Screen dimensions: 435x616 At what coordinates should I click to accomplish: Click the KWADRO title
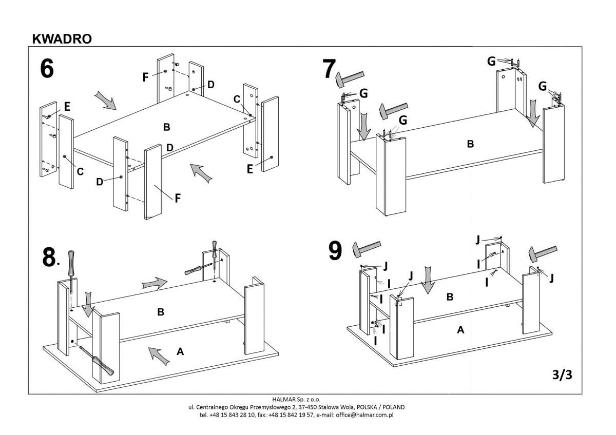point(62,39)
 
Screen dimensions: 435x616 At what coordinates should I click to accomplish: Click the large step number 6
point(47,69)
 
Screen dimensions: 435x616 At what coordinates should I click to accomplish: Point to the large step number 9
point(335,251)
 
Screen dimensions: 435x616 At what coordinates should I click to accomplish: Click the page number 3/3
point(562,375)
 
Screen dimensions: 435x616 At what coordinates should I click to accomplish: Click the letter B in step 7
point(470,144)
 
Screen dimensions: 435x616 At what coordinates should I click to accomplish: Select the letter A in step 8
point(180,351)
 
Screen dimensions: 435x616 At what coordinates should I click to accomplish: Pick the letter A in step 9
point(460,330)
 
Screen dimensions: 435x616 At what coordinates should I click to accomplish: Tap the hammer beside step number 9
point(366,248)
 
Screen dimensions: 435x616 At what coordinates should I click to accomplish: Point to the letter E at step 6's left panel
point(67,107)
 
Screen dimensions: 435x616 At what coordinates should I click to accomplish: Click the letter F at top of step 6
point(145,77)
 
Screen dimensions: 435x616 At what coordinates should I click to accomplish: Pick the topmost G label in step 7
point(491,62)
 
